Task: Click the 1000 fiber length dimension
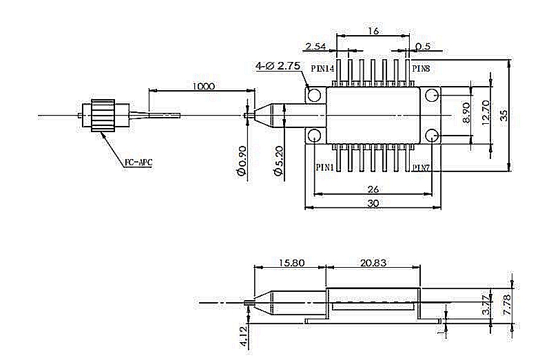205,86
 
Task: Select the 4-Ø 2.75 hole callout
278,66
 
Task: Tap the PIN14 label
322,69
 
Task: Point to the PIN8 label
422,69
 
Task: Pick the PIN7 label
422,167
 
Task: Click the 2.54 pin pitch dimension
315,46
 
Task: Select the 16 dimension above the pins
373,32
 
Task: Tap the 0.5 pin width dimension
423,46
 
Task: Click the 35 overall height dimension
504,114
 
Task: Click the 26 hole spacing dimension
372,189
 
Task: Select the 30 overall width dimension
372,204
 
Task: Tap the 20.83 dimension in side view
373,263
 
